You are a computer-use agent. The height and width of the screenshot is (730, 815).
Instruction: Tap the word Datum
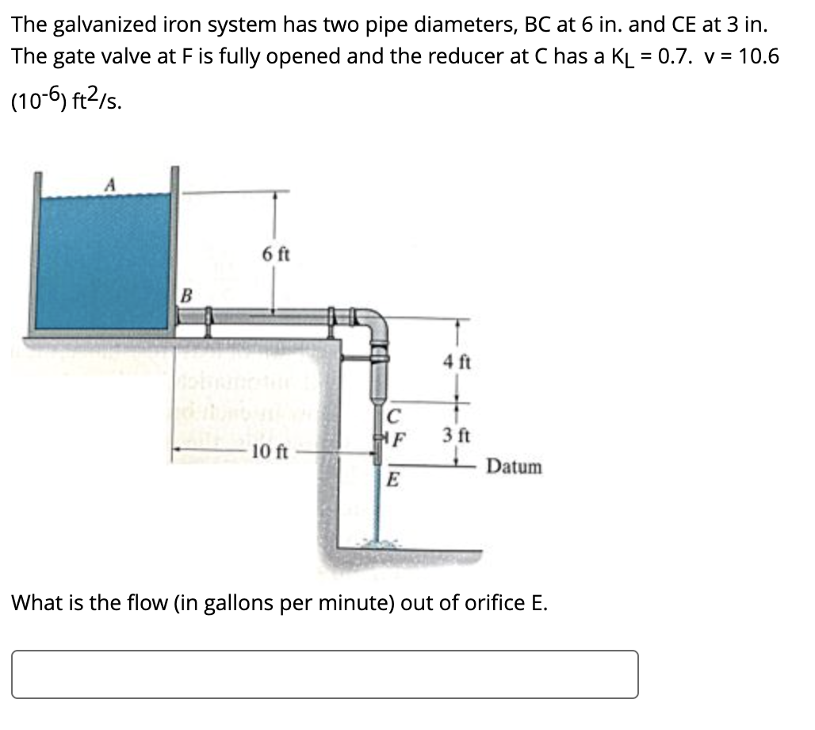515,467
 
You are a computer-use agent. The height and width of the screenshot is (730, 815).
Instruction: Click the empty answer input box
325,674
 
